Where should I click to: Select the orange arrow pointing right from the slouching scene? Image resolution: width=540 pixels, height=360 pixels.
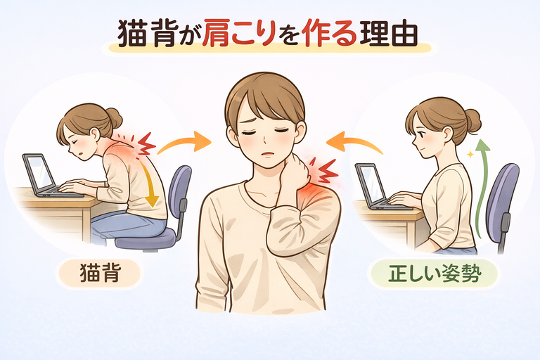pyautogui.click(x=184, y=142)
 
